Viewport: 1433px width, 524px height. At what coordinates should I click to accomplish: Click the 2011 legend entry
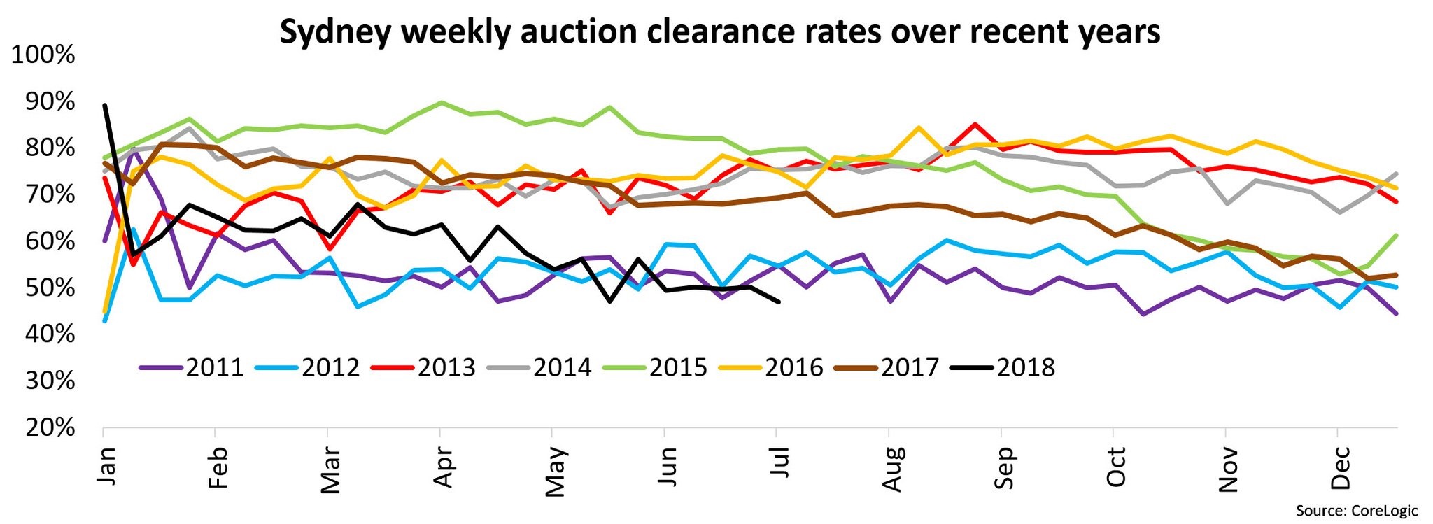click(192, 367)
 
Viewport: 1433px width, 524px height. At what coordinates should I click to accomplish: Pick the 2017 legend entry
click(887, 367)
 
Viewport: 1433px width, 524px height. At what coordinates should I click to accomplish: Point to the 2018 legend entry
click(1003, 367)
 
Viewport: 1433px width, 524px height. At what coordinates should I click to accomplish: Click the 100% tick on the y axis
click(43, 55)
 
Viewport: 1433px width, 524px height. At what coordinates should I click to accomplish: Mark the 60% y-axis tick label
click(50, 241)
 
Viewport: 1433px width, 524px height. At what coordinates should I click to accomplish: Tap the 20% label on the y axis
click(50, 427)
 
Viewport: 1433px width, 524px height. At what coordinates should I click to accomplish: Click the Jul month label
click(779, 461)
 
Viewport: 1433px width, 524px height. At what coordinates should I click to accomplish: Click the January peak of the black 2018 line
click(104, 105)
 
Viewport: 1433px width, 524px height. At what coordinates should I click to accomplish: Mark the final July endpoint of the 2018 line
click(779, 302)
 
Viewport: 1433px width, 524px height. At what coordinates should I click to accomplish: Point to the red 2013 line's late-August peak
click(974, 125)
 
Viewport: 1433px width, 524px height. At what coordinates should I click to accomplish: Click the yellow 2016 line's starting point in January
click(104, 312)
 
